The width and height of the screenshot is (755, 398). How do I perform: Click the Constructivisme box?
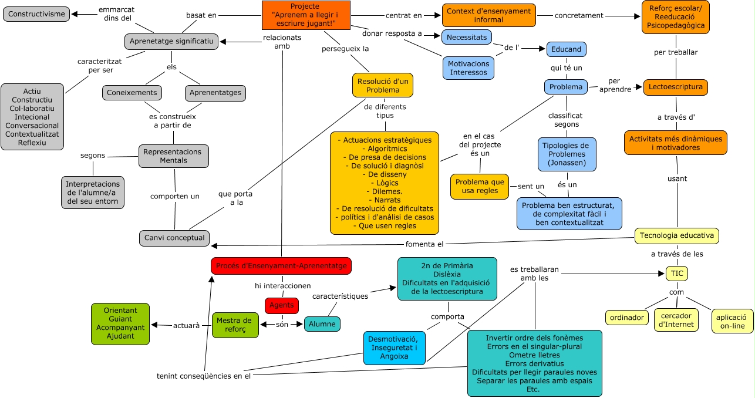36,14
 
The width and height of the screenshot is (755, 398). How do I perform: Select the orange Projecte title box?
306,15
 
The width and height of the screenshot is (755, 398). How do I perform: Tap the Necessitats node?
467,37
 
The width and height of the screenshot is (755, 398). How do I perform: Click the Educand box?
566,49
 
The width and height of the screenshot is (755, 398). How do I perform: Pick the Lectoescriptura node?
676,87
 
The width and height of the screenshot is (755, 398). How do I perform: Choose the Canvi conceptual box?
174,238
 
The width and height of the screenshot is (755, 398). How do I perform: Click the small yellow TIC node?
677,274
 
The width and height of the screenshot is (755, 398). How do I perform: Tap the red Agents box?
281,305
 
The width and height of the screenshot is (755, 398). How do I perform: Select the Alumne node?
322,324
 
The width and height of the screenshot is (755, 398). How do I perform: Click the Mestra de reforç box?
235,325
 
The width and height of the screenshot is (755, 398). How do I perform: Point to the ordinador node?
627,318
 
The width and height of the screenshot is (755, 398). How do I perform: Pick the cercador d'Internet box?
676,320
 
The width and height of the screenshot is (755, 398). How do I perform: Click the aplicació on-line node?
733,321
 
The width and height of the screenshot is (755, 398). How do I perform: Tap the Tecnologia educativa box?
677,235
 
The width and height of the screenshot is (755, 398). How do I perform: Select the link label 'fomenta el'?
424,244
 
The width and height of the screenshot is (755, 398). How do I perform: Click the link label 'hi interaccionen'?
283,286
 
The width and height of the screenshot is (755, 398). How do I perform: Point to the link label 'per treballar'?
676,52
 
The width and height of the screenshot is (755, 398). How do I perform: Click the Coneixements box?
132,93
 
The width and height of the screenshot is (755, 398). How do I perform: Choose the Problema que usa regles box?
480,186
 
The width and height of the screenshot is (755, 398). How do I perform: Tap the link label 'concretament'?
579,15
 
